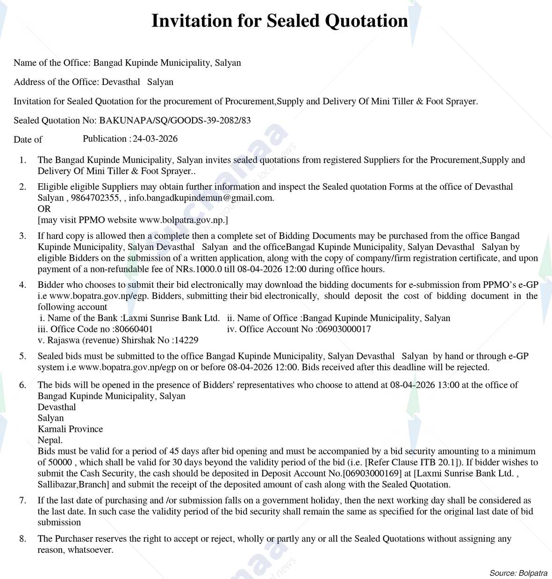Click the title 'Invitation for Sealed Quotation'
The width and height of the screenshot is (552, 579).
point(280,21)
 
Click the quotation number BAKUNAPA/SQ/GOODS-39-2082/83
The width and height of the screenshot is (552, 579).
point(175,121)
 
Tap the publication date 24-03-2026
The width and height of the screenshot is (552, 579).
point(155,139)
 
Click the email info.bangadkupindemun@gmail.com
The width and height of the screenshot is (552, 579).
point(201,198)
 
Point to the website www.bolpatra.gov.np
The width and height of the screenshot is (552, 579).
point(182,220)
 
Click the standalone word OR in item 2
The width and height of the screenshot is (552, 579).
point(44,209)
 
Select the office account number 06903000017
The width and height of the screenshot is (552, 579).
point(344,329)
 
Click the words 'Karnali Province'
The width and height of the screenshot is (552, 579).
point(70,429)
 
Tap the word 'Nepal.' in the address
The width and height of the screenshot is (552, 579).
point(50,440)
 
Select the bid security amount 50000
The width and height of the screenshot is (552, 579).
point(60,463)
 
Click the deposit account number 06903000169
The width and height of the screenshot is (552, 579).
point(373,473)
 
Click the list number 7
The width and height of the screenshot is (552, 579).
point(22,500)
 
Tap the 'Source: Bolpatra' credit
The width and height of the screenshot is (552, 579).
point(518,573)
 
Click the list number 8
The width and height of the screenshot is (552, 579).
point(22,539)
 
